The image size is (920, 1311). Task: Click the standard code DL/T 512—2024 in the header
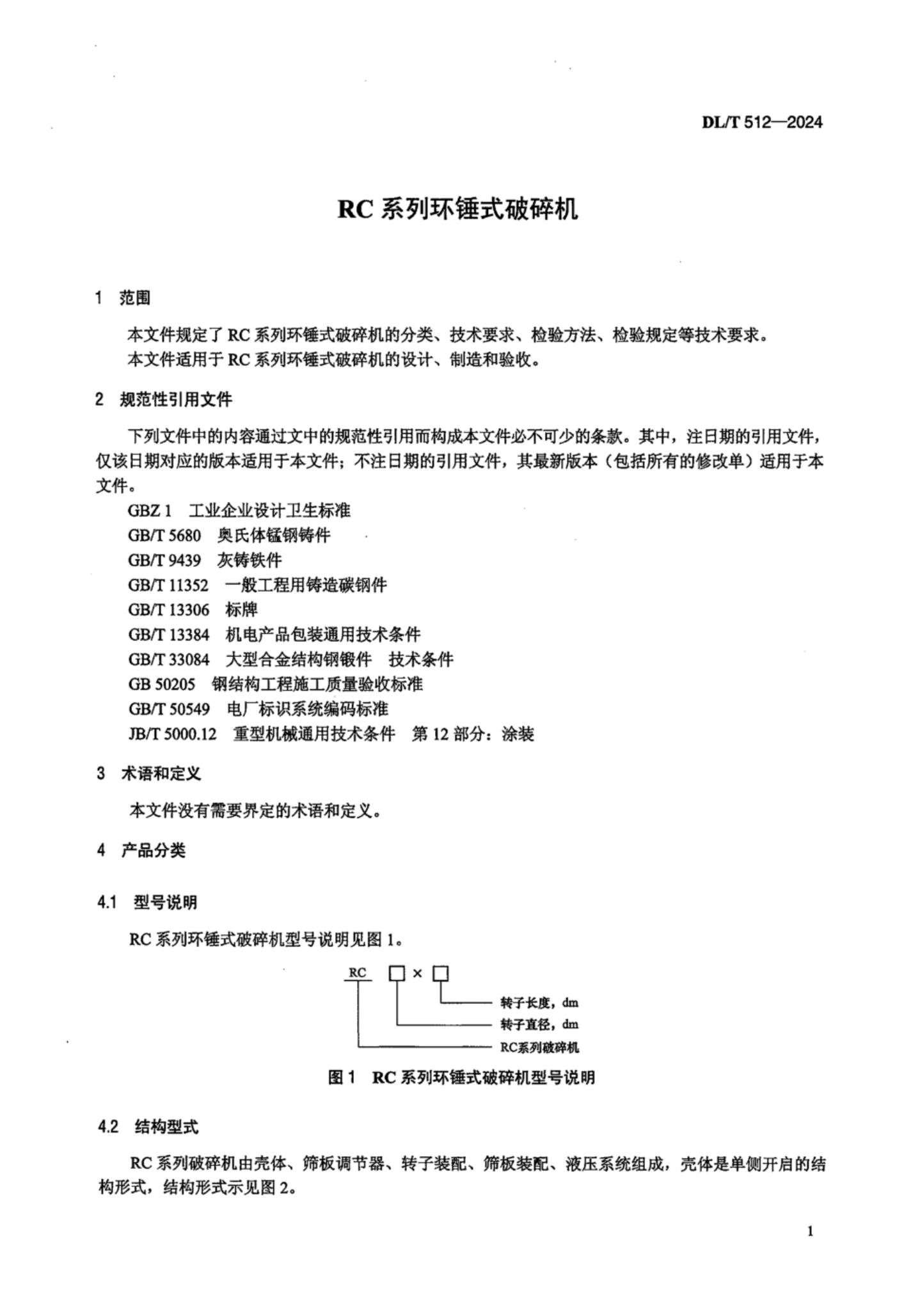coord(761,122)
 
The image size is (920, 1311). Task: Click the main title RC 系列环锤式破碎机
coord(457,210)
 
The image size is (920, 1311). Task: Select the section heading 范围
coord(135,298)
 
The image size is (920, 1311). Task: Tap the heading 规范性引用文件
coord(176,400)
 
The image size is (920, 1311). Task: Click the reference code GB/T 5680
coord(164,536)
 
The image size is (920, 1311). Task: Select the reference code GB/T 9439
coord(164,560)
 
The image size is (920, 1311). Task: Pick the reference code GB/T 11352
coord(168,585)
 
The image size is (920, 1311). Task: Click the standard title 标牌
coord(242,610)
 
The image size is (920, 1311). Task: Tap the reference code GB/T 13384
coord(168,635)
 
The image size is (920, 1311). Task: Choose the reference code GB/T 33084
coord(168,660)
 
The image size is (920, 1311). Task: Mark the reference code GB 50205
coord(161,685)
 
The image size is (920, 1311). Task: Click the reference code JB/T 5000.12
coord(173,734)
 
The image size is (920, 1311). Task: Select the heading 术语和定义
coord(161,774)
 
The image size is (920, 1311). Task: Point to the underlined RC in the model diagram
coord(358,973)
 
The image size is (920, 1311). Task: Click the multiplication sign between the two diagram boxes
coord(418,974)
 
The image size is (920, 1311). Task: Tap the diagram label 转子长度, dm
coord(539,1003)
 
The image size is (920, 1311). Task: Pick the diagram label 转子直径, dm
coord(539,1024)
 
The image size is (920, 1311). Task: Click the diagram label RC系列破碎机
coord(539,1047)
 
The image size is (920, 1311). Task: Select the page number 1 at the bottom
coord(810,1232)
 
